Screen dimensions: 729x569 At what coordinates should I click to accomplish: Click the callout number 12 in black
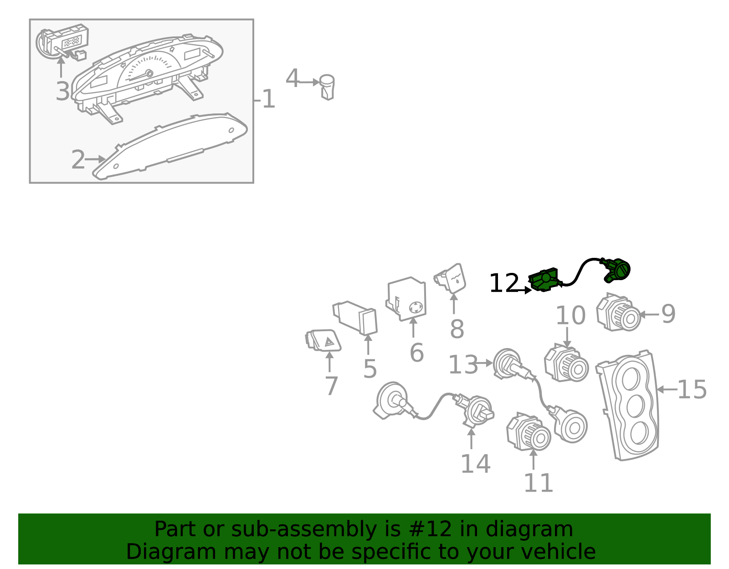(504, 283)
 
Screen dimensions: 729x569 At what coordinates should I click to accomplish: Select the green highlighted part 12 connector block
(544, 279)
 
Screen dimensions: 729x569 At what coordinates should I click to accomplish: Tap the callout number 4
(292, 78)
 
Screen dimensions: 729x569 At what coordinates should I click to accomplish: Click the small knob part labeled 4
(327, 87)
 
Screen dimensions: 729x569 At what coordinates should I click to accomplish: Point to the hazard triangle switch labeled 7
(323, 341)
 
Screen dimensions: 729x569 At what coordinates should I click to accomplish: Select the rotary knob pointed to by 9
(618, 313)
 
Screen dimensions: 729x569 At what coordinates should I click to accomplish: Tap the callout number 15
(692, 390)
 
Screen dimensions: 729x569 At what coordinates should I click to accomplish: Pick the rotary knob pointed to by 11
(529, 431)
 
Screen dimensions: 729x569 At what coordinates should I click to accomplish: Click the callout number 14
(475, 464)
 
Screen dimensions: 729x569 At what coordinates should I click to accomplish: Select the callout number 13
(463, 364)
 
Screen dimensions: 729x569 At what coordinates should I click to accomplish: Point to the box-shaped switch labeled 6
(406, 299)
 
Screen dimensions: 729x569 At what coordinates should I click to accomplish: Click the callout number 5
(370, 369)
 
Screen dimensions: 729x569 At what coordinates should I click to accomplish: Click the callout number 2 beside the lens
(78, 159)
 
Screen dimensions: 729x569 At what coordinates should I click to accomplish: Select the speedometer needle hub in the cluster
(149, 73)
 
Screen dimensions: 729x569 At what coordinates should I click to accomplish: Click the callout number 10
(570, 315)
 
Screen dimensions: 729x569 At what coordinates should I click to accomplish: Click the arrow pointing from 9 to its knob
(649, 314)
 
